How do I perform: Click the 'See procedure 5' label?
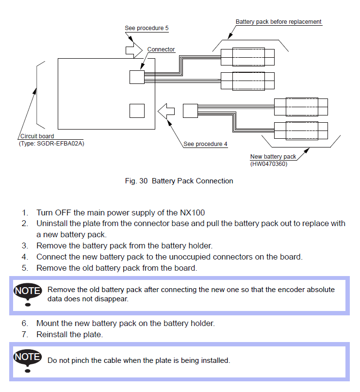pos(147,28)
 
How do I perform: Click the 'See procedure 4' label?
pos(205,144)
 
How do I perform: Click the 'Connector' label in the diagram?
pos(161,49)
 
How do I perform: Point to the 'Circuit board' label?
pos(37,136)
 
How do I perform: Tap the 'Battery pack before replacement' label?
pos(278,22)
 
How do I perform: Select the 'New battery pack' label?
pos(273,157)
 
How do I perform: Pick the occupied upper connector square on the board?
pos(137,77)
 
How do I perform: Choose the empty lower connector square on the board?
pos(137,111)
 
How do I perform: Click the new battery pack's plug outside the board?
pos(190,111)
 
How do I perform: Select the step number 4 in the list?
pos(24,257)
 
